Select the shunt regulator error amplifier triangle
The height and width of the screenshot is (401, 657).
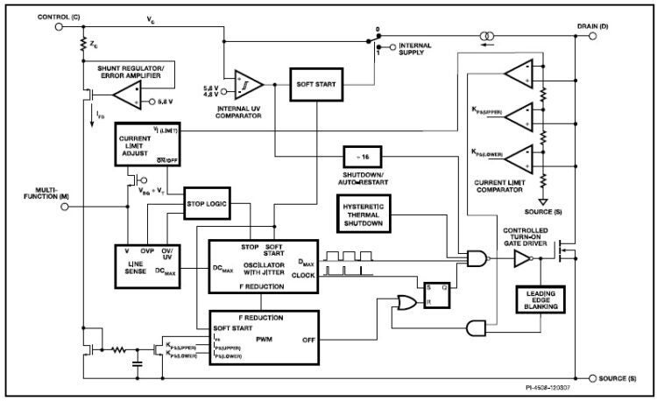click(127, 102)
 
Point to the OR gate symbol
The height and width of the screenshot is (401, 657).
click(407, 303)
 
